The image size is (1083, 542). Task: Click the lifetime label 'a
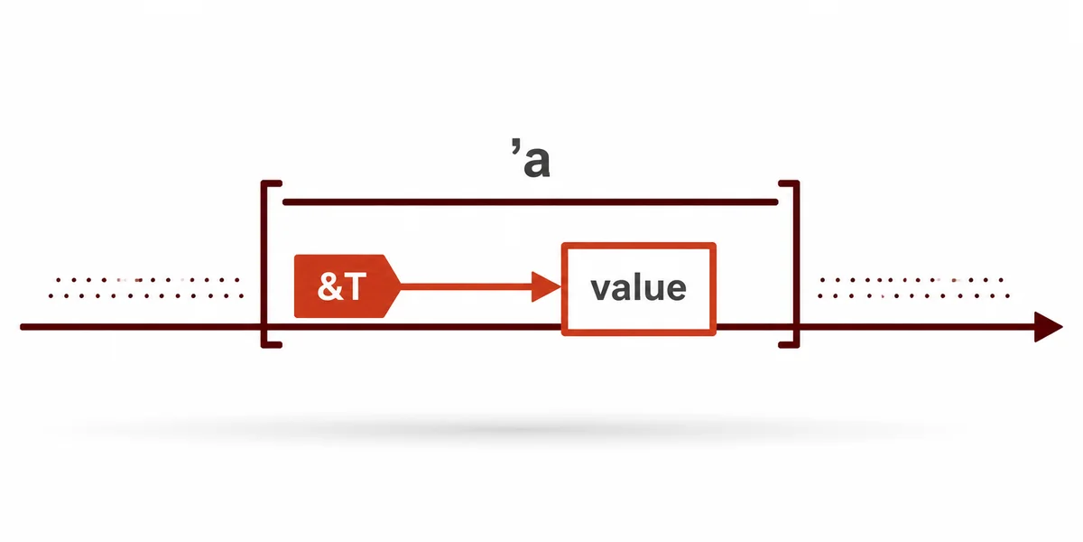[531, 158]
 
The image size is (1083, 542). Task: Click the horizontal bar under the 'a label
[531, 201]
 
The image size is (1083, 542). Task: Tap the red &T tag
[347, 286]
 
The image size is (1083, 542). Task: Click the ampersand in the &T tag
[329, 286]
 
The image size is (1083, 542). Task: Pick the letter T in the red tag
[356, 286]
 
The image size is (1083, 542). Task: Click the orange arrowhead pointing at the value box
[546, 286]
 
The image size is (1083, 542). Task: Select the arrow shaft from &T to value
[467, 286]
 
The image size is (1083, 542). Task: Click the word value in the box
[638, 288]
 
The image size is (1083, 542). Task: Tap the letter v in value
[601, 289]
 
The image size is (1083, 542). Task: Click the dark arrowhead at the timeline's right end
[1048, 327]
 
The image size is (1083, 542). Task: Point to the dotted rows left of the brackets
[146, 287]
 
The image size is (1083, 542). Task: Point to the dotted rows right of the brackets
[913, 287]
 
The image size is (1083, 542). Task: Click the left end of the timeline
[23, 328]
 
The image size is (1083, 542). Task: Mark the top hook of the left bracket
[272, 182]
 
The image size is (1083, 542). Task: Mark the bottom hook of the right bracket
[789, 345]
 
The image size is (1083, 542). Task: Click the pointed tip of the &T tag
[401, 286]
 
